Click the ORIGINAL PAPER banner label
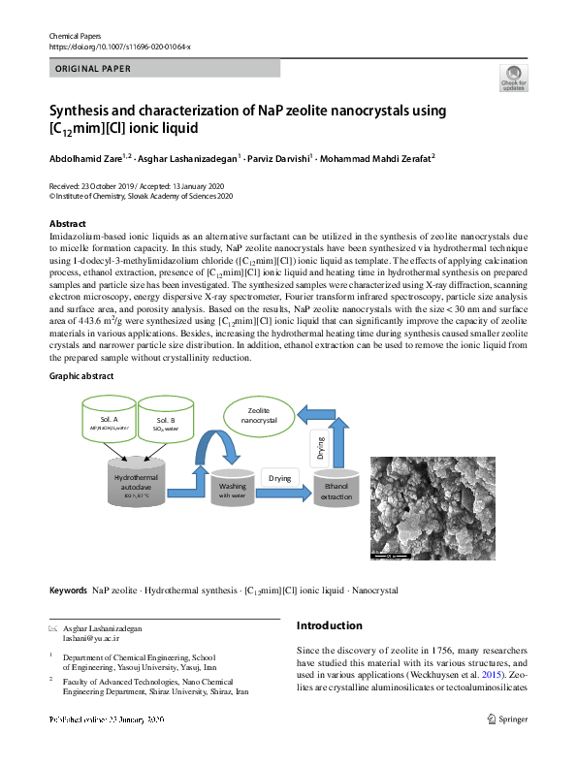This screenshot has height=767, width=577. (93, 68)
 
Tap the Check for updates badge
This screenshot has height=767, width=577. (513, 78)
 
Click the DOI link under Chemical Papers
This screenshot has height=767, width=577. (119, 47)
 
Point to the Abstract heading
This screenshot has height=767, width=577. (67, 224)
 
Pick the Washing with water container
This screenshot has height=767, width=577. (232, 490)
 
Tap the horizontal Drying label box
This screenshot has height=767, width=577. (279, 479)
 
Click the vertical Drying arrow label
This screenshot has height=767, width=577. (321, 448)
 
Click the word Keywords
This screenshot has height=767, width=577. (68, 590)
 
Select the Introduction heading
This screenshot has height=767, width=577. (329, 625)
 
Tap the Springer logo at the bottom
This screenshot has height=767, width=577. (511, 719)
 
